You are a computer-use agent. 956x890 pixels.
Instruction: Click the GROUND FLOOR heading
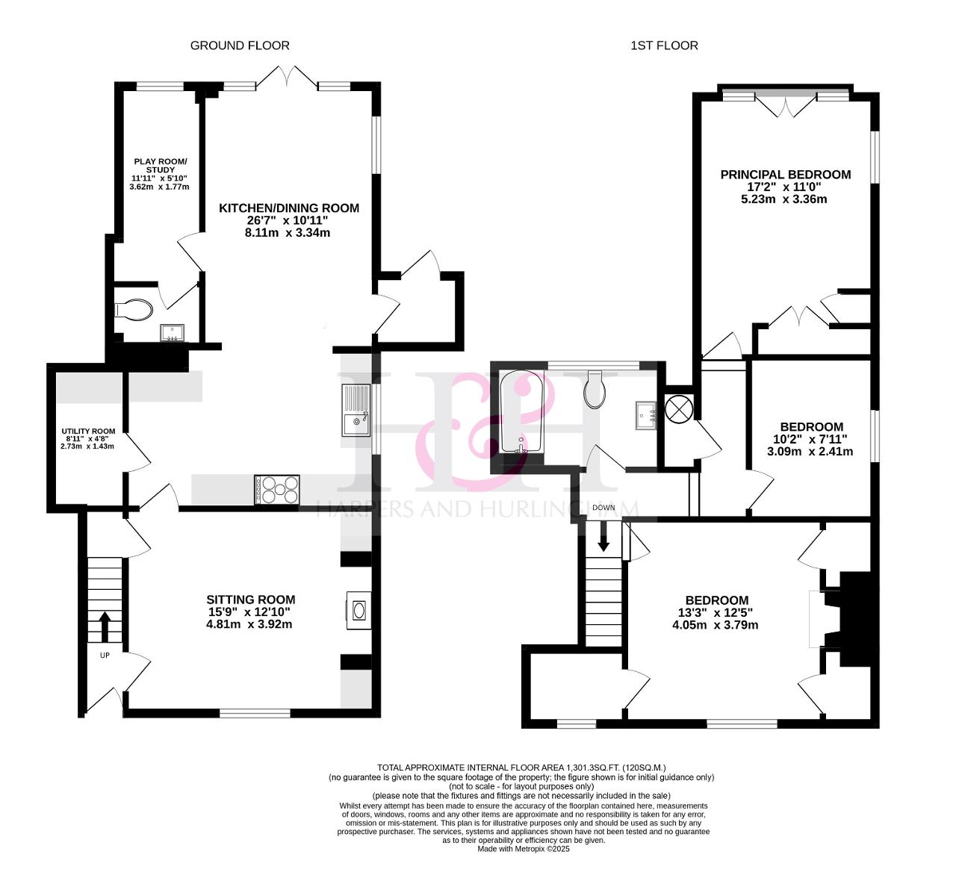point(240,46)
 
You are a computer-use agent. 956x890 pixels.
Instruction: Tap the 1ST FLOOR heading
point(664,46)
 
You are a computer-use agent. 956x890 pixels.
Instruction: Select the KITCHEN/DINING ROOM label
point(289,208)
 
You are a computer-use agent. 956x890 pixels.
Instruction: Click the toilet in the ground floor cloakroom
point(134,309)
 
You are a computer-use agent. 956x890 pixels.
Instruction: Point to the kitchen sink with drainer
point(356,410)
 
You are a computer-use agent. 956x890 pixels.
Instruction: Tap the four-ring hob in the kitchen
point(277,490)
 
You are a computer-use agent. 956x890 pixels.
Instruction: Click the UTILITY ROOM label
point(88,432)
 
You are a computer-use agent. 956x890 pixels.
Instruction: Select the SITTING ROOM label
point(251,600)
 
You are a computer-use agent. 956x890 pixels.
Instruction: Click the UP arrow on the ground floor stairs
point(105,626)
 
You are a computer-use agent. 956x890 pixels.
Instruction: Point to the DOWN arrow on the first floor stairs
point(603,537)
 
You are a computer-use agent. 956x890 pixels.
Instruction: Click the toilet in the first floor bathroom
point(595,390)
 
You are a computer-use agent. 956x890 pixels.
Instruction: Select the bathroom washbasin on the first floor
point(645,415)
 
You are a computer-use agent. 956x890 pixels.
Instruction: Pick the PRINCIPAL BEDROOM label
point(785,175)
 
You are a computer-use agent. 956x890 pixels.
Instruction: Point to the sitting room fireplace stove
point(358,610)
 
